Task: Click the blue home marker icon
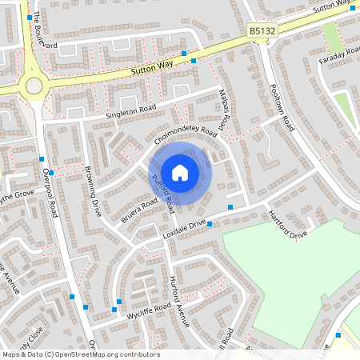[x=180, y=172]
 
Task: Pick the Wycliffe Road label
[x=149, y=310]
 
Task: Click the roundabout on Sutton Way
[x=34, y=86]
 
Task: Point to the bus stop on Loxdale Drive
[x=210, y=224]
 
